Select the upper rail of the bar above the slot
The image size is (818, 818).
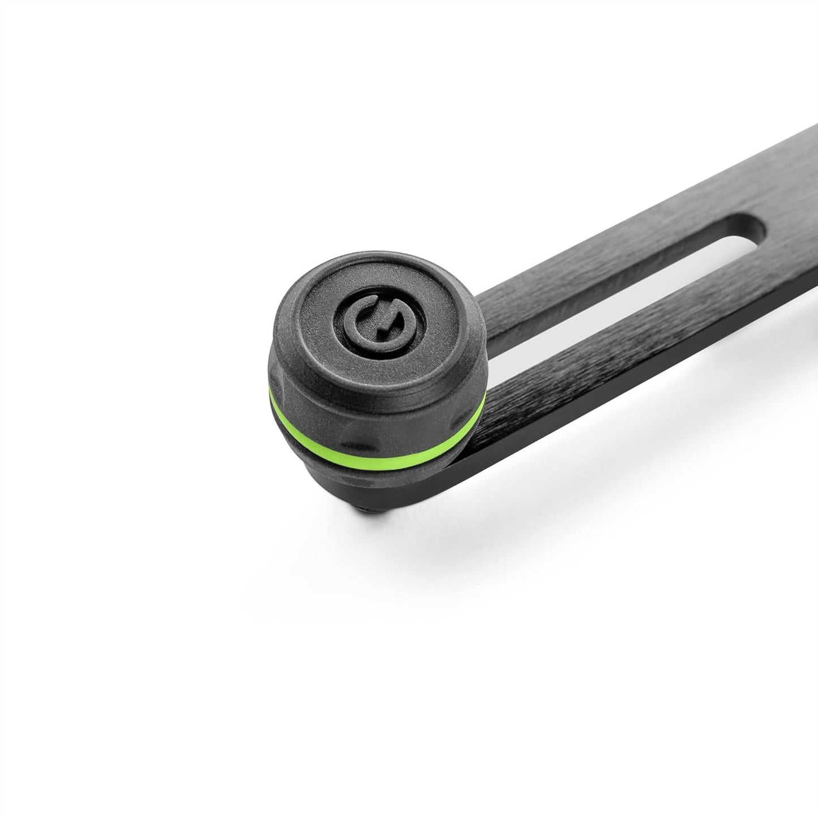(623, 215)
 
